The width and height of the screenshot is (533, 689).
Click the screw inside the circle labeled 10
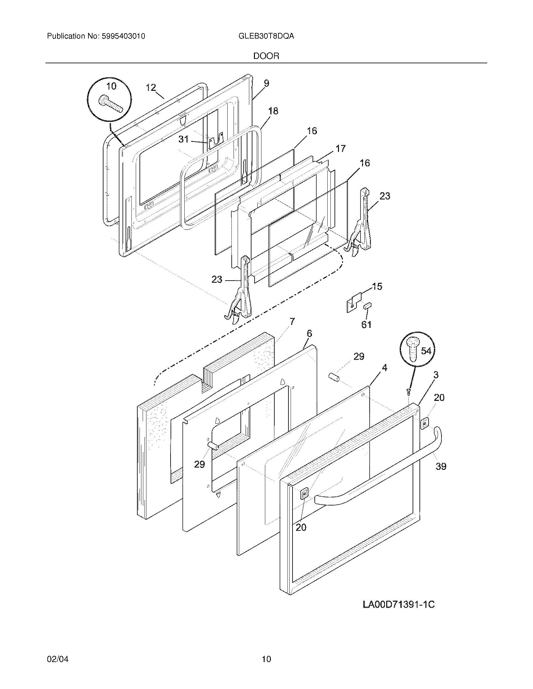point(110,105)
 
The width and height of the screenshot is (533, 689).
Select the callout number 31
point(183,139)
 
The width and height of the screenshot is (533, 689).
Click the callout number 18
point(273,111)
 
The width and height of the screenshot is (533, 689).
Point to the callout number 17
point(340,148)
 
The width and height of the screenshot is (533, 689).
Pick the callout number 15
point(377,287)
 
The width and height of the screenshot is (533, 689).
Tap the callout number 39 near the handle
point(441,466)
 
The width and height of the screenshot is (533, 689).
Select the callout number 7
point(292,321)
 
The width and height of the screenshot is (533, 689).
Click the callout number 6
point(309,334)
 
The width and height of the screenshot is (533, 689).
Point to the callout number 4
point(384,368)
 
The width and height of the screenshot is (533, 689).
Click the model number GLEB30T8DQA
point(266,36)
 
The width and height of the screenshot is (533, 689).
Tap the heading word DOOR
point(266,56)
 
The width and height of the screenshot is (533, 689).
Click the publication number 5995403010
point(124,36)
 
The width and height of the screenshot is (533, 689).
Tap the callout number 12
point(151,88)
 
